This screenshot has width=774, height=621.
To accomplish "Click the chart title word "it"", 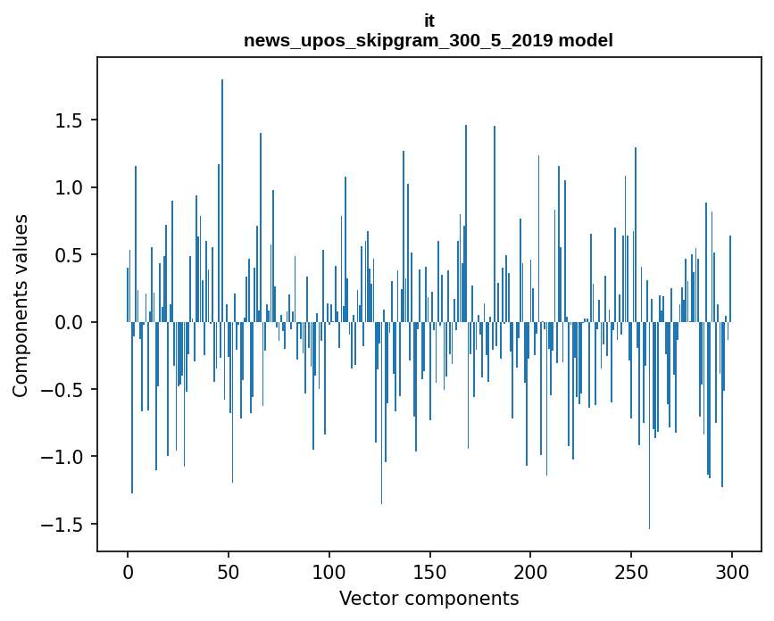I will click(x=429, y=20).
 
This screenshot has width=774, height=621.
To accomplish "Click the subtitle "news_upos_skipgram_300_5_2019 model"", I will click(x=429, y=40).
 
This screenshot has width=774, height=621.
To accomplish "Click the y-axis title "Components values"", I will click(x=21, y=305).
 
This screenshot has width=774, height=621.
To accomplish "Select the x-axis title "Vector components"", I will click(x=429, y=599).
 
